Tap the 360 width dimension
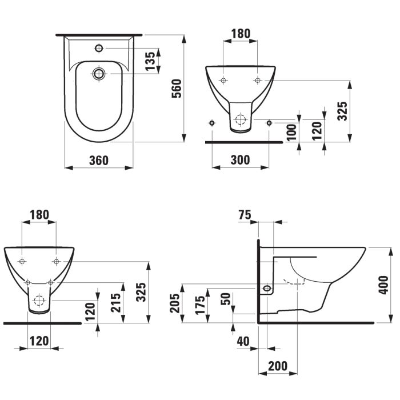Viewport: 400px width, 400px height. [98, 161]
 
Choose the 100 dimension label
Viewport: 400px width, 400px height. [291, 131]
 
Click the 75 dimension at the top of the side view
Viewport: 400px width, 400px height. [244, 215]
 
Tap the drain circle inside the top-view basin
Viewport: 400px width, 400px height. [98, 73]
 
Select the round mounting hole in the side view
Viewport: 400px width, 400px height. [266, 288]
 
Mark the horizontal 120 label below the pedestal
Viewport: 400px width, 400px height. [39, 341]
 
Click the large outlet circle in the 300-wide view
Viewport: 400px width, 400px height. [240, 121]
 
